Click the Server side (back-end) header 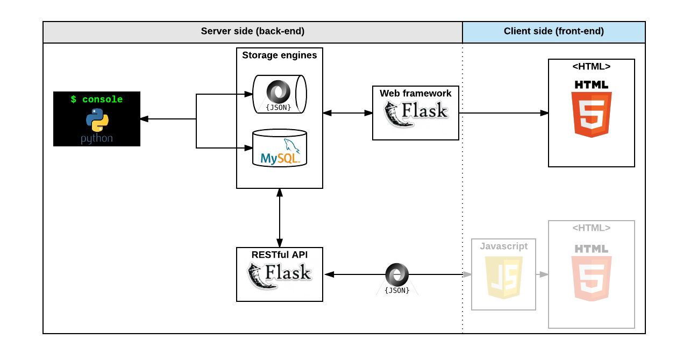pos(252,31)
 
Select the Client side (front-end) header pos(553,31)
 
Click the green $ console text pos(97,100)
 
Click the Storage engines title pos(279,55)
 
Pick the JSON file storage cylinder pos(279,94)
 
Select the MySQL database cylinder pos(279,149)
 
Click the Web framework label pos(415,93)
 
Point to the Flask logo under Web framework pos(415,114)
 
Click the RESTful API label pos(279,254)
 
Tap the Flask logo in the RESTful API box pos(279,275)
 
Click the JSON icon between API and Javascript pos(397,278)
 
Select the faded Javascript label pos(503,246)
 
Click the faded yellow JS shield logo pos(503,277)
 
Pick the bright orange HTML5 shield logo pos(591,114)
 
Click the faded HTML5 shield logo pos(591,278)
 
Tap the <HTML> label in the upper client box pos(591,67)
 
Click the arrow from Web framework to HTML pos(503,113)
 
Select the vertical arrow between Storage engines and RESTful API pos(280,217)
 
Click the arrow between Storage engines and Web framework pos(347,113)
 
